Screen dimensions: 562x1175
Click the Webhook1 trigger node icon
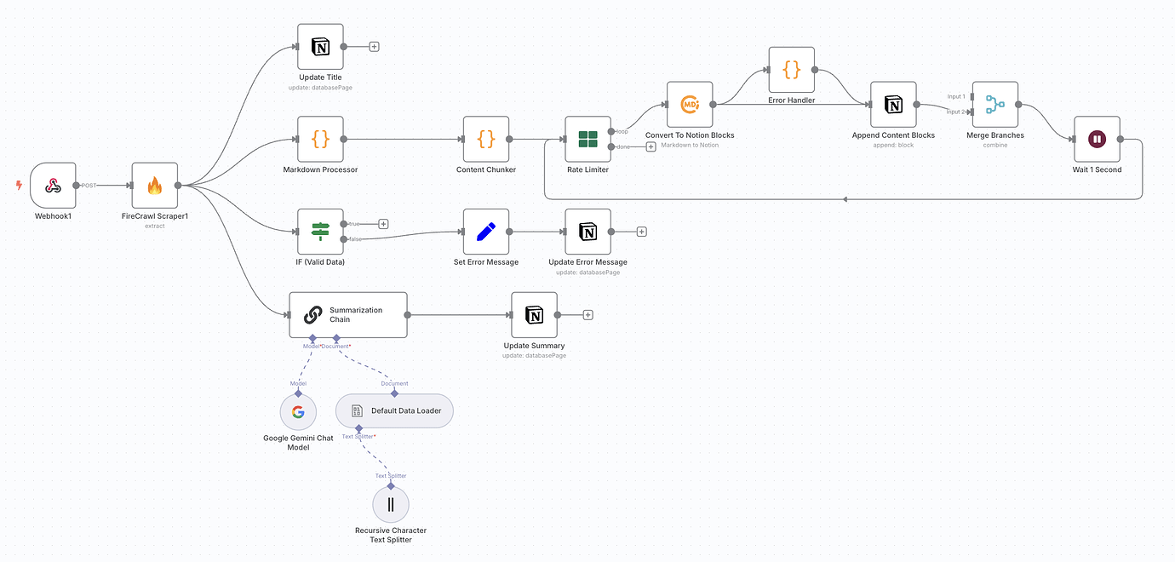(x=53, y=185)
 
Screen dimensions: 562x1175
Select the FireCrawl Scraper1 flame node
(x=154, y=185)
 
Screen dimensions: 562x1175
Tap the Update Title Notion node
(x=320, y=47)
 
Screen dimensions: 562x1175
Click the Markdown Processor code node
(x=320, y=139)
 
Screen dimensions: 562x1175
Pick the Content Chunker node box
(x=486, y=139)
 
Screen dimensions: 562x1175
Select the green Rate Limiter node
(x=587, y=139)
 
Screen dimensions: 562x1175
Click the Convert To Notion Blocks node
(x=689, y=105)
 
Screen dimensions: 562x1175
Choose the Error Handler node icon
(x=791, y=70)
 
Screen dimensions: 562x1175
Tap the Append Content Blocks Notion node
(x=893, y=105)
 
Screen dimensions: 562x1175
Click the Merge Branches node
(x=994, y=105)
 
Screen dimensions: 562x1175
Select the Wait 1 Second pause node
(x=1097, y=139)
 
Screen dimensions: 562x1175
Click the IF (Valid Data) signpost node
(x=320, y=232)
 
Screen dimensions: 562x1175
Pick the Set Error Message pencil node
(x=486, y=232)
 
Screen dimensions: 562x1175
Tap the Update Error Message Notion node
(x=587, y=232)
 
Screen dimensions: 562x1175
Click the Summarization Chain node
(x=347, y=315)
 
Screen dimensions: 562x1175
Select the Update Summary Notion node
(x=534, y=315)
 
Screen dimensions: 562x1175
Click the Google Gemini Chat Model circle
(x=298, y=412)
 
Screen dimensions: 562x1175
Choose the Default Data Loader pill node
(x=394, y=410)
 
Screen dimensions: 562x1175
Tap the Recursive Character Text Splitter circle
(x=391, y=504)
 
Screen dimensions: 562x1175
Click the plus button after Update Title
(x=374, y=47)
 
